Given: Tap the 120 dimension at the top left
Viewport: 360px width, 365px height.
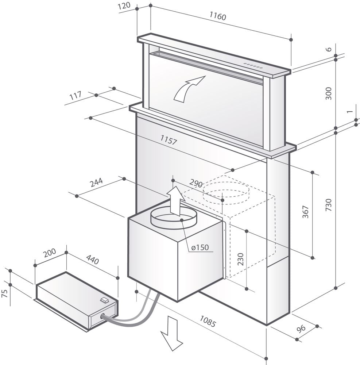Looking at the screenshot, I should pos(125,7).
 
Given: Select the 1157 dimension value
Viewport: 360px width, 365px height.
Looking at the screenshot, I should pos(169,140).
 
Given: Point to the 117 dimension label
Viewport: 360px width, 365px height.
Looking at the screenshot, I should pos(75,96).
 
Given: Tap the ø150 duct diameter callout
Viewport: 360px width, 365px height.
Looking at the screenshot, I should pos(199,247).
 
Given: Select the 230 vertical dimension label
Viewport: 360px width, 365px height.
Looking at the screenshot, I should pos(240,259).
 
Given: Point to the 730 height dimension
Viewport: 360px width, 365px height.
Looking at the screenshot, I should pos(328,205).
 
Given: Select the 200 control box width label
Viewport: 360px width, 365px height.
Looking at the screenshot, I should pos(49,254).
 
